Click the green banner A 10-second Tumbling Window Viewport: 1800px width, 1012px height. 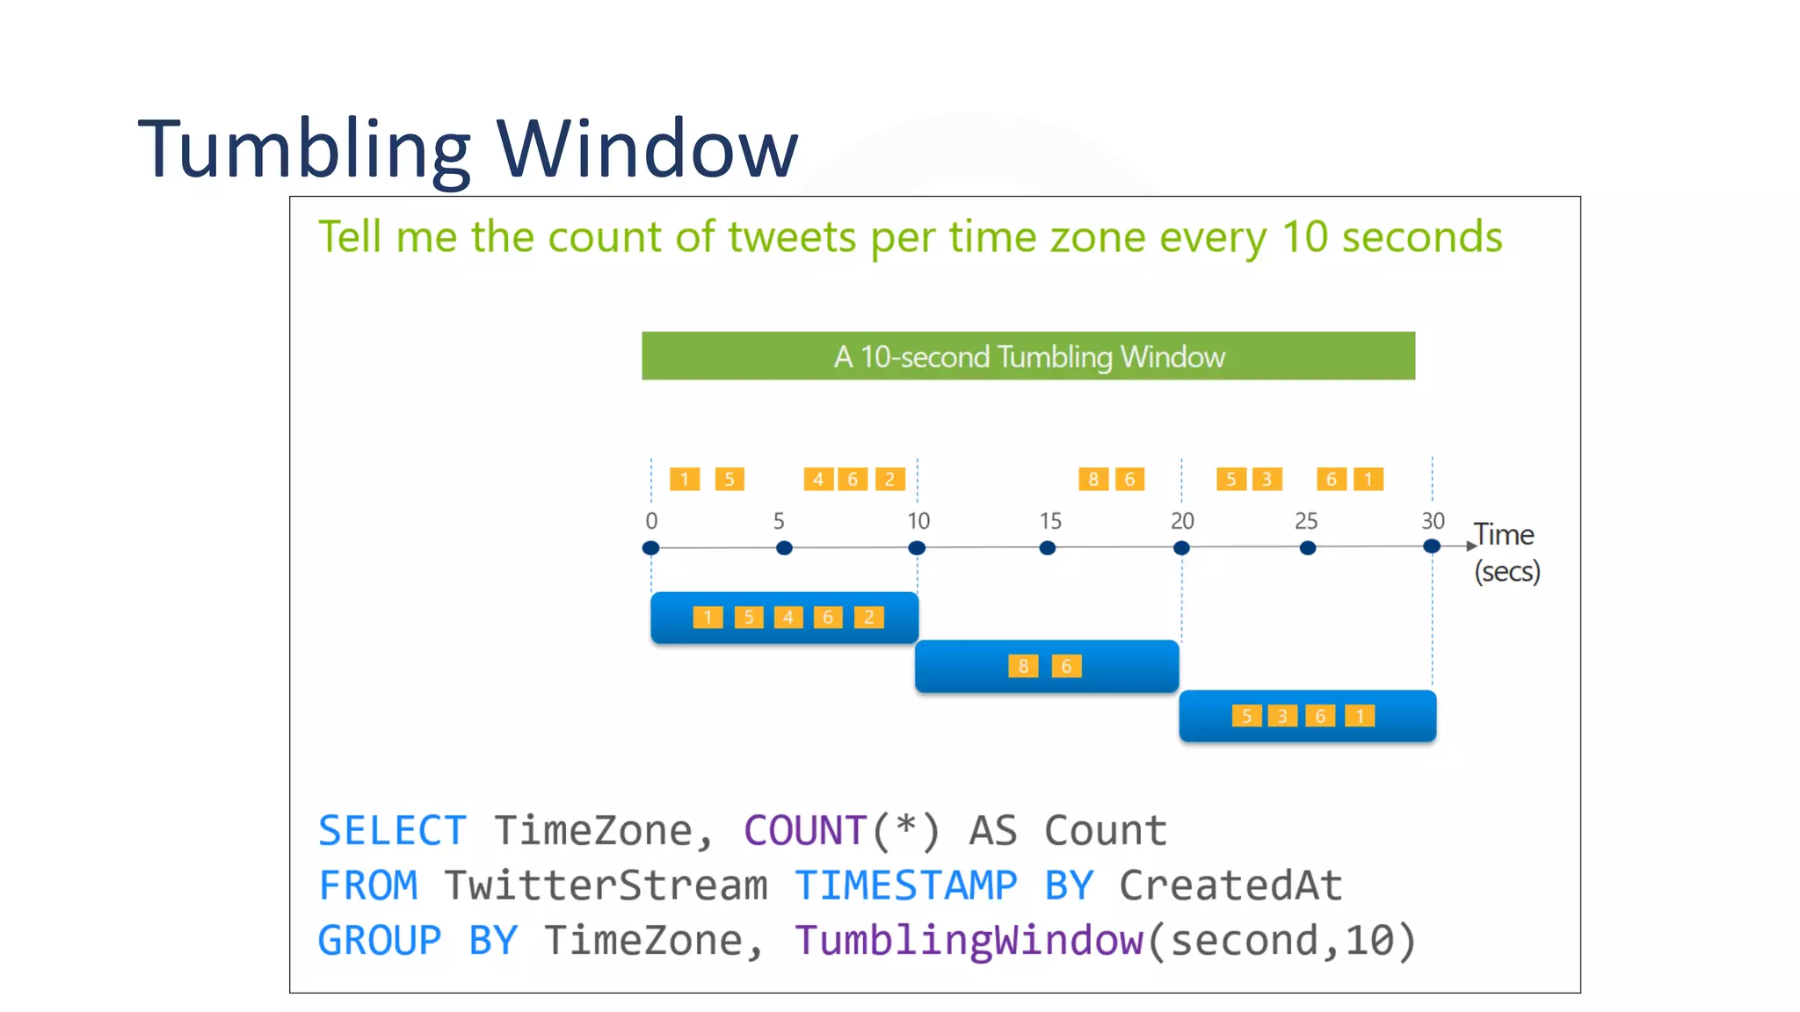1028,357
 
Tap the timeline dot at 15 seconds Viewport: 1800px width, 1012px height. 1047,548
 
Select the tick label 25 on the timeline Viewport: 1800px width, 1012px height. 1306,521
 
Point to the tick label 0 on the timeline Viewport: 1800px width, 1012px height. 651,521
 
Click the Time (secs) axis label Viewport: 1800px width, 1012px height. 1506,553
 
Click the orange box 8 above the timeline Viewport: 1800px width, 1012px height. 1092,480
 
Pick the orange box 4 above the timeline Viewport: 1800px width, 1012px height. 817,480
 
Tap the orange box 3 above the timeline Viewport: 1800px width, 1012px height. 1267,480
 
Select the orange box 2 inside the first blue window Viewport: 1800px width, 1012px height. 868,618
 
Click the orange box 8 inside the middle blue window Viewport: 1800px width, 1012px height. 1023,667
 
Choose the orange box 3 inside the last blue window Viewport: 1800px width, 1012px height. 1282,717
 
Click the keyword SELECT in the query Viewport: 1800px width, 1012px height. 392,831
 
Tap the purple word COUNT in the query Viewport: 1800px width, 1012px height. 805,831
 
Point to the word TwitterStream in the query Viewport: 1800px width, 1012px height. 606,885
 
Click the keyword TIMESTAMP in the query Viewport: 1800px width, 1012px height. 906,885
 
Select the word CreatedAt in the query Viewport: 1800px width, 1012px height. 1230,885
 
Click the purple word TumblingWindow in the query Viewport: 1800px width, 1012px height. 969,941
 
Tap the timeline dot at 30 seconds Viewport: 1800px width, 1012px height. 1432,546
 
